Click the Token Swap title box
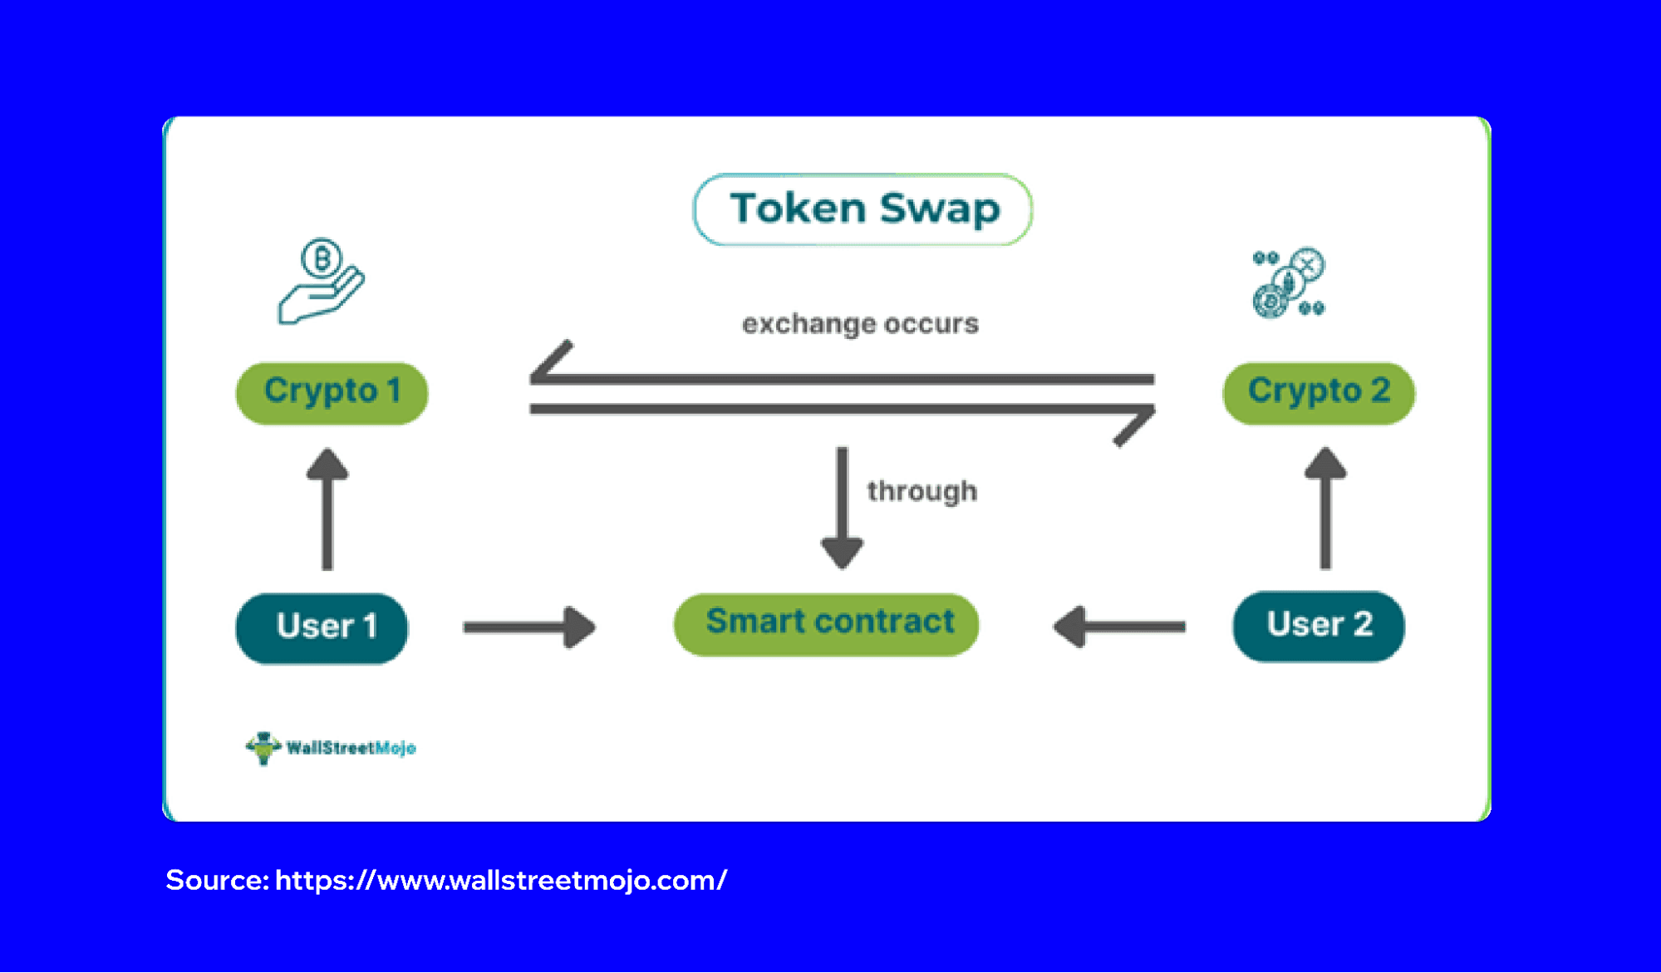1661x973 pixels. point(862,209)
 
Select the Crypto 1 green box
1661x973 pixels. point(332,392)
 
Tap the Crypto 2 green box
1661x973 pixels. point(1318,392)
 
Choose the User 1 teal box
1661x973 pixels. point(322,627)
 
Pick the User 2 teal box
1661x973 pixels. point(1318,626)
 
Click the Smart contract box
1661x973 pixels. point(826,623)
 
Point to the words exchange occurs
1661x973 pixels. point(860,323)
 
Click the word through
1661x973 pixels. point(921,491)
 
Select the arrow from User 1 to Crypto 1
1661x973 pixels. point(327,509)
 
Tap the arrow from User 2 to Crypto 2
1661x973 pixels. point(1325,508)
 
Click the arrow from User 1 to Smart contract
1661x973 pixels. point(529,627)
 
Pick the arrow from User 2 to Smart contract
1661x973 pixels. point(1118,627)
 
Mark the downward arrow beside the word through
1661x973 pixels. point(842,508)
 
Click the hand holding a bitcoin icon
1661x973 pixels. point(321,282)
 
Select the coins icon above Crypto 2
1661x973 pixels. point(1289,283)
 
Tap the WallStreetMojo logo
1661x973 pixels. point(331,748)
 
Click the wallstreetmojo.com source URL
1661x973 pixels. point(501,880)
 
